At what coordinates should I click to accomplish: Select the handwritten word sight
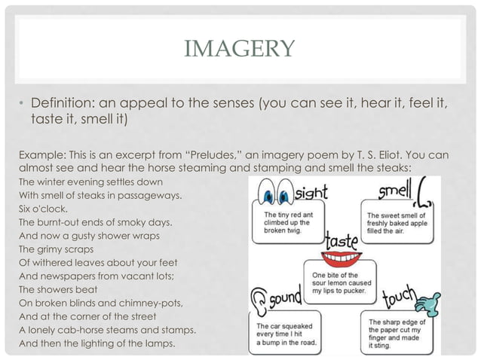click(x=312, y=192)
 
